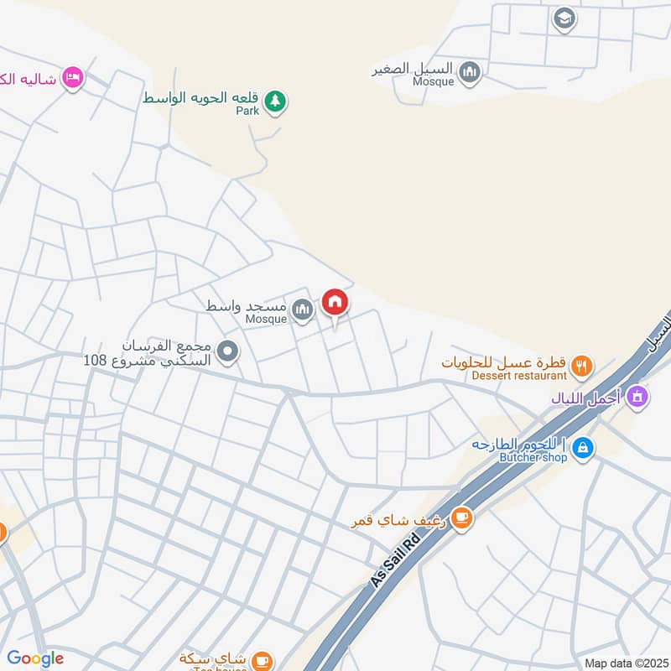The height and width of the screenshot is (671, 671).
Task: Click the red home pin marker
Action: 335,303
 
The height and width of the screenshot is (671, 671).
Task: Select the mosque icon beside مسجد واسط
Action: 303,311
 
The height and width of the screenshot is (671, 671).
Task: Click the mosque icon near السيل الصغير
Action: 471,73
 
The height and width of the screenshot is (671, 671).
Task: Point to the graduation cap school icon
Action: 564,18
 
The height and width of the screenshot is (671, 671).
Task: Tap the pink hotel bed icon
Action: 73,78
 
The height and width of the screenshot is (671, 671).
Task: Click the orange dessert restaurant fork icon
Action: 581,367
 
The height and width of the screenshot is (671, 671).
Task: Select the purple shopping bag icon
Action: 637,395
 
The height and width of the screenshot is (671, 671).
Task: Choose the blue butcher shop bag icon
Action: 584,449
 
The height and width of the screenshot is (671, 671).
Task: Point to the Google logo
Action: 35,658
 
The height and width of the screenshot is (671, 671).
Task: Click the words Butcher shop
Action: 533,457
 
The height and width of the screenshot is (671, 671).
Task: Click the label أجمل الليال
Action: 586,398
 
